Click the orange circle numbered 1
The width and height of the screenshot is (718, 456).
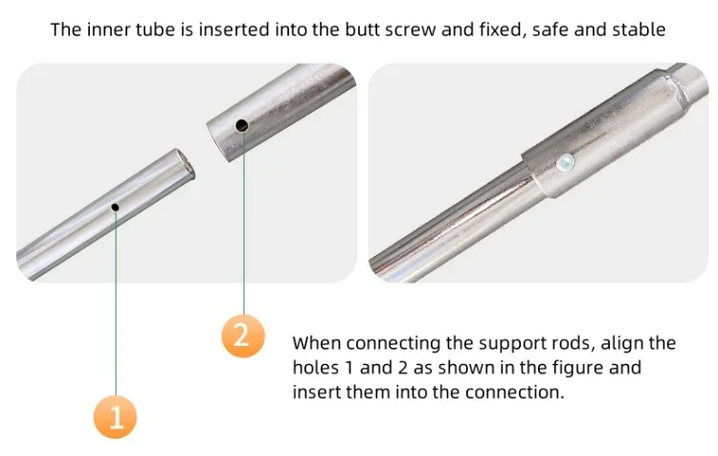click(x=115, y=417)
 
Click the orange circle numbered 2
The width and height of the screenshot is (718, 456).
click(x=243, y=335)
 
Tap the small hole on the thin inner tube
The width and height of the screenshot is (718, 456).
click(x=115, y=207)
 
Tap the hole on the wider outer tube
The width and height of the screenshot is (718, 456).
click(x=242, y=125)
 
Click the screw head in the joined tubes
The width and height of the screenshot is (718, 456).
click(x=566, y=162)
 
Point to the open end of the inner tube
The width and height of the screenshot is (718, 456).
click(x=187, y=166)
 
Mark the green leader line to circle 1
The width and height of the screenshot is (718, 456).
click(x=116, y=304)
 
